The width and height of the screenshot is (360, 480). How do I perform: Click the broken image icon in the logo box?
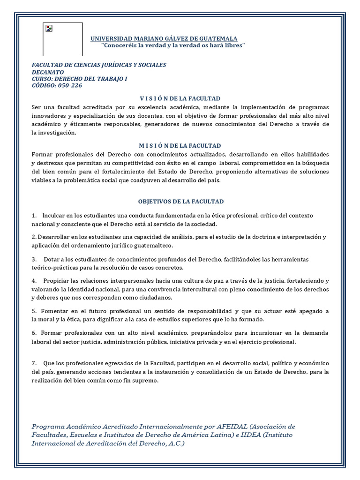48,28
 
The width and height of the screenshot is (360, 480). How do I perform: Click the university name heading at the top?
164,38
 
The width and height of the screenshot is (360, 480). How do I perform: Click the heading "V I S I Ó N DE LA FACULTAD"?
180,98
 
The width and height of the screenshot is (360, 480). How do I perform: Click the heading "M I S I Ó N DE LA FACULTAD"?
180,146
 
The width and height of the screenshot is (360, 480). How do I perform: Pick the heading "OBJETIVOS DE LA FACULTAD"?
181,202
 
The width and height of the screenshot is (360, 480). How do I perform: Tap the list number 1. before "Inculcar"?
34,215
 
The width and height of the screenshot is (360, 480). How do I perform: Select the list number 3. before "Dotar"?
34,259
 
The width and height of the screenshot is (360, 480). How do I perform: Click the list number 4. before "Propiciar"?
34,281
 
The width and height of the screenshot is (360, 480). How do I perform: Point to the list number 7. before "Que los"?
34,364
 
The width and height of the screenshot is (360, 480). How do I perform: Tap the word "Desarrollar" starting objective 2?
52,237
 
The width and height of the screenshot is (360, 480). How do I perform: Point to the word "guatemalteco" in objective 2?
153,245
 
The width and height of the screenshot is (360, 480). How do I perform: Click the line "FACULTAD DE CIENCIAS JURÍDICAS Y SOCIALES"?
98,65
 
